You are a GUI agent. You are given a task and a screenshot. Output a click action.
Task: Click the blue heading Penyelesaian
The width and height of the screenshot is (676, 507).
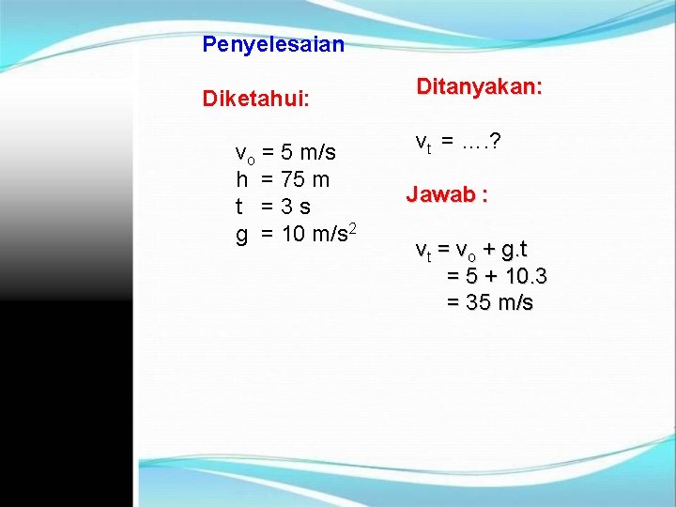273,44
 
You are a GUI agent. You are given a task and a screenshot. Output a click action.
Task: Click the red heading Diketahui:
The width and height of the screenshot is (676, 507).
256,99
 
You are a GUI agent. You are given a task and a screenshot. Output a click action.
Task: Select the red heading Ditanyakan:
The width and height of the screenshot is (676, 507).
479,87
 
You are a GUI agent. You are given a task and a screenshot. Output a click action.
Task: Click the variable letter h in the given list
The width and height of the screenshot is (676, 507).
241,179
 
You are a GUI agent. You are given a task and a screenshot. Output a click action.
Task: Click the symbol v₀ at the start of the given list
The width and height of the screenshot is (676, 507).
244,153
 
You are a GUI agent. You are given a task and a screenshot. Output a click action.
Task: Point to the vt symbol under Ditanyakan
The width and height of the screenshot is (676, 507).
423,143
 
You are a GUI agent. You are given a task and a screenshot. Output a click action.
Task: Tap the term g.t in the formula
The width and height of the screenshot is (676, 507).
515,251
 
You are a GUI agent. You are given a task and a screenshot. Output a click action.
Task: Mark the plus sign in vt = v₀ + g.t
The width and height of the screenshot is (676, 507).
488,251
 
